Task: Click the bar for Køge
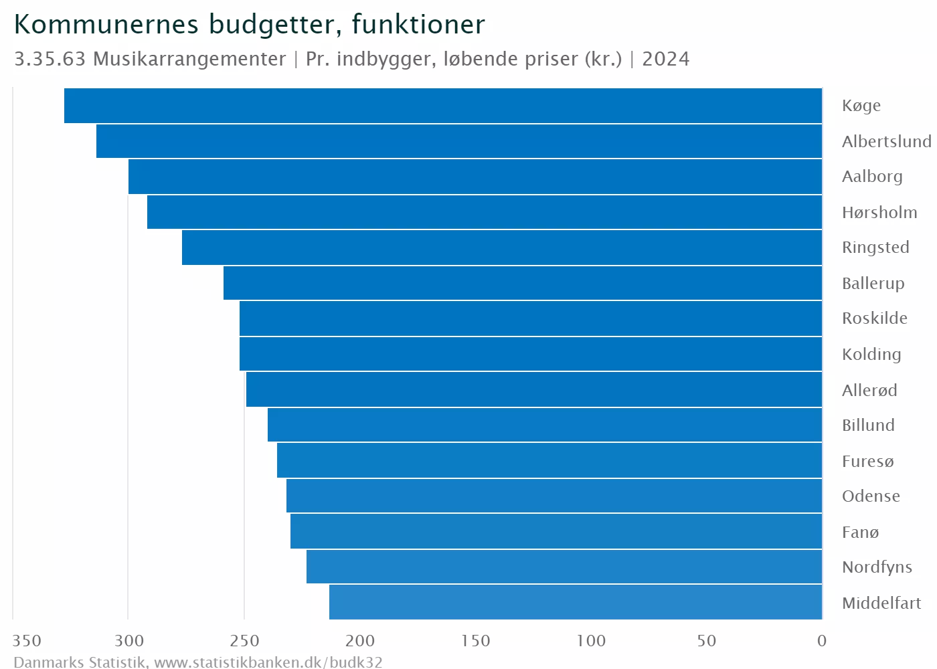point(443,106)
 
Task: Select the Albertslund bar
point(459,141)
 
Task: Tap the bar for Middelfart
point(576,602)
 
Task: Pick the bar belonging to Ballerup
point(523,283)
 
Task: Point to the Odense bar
point(554,496)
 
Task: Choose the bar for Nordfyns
point(564,567)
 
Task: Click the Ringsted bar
point(502,248)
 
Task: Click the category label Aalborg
point(872,177)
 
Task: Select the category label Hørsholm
point(879,213)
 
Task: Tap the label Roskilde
point(875,318)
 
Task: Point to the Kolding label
point(871,355)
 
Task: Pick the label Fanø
point(860,533)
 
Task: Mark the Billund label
point(868,425)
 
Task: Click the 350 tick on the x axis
point(27,641)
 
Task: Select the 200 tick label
point(360,641)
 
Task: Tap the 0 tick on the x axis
point(822,641)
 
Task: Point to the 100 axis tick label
point(592,641)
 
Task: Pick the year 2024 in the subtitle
point(666,59)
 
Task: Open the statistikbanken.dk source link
point(268,662)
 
